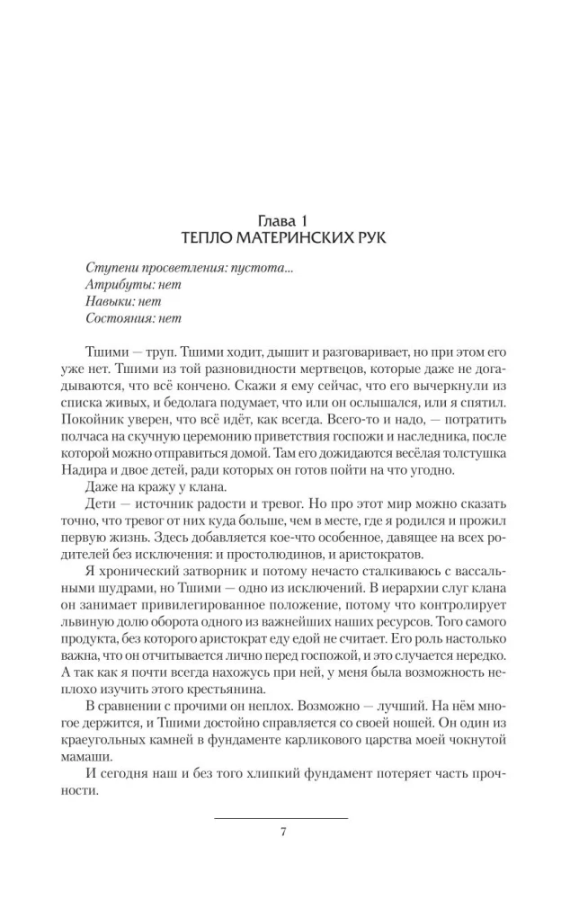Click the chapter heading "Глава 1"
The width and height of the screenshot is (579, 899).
pos(289,219)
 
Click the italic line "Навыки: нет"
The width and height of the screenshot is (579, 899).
pos(122,302)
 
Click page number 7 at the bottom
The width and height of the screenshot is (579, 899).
pos(283,832)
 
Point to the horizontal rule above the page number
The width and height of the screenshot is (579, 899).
pos(281,818)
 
